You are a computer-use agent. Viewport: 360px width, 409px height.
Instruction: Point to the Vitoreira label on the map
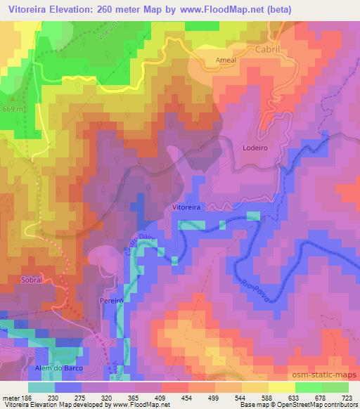tap(188, 208)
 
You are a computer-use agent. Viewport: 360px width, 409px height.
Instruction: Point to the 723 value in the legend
tap(346, 397)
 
